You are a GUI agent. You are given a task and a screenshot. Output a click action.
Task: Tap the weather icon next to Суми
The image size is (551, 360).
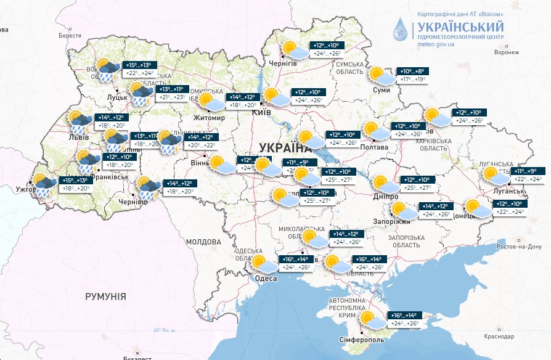coord(381,76)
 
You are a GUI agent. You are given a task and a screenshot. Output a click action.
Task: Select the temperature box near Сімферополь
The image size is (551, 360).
coord(406,319)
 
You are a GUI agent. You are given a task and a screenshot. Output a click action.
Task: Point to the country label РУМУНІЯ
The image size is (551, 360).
coord(105,297)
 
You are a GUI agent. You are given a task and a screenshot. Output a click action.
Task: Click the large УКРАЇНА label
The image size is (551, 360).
coord(284,147)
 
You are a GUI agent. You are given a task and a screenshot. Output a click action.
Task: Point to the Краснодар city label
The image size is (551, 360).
coord(499,337)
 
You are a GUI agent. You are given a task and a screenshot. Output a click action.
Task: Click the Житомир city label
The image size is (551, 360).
coord(210,118)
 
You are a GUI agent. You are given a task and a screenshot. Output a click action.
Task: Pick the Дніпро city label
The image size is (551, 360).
coord(385,196)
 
